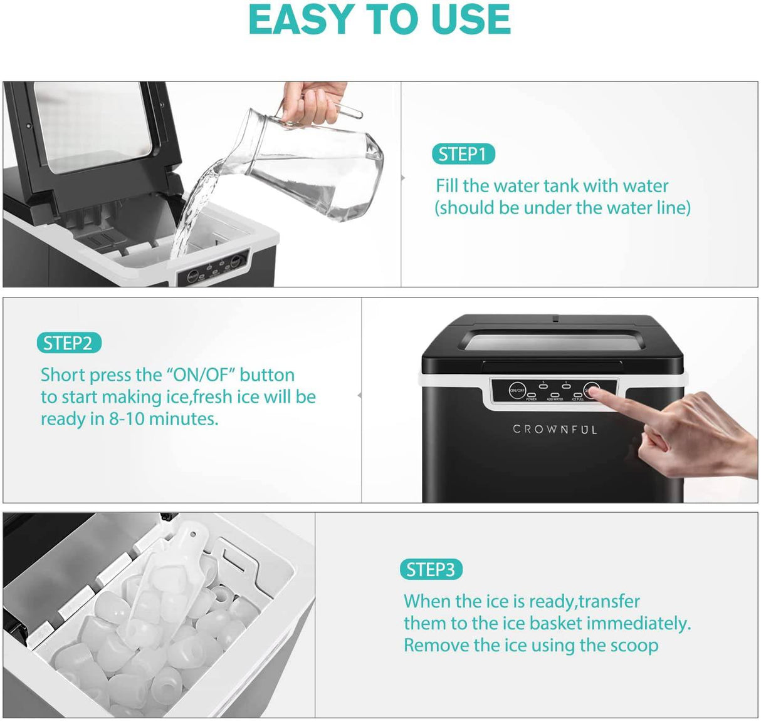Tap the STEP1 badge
[463, 154]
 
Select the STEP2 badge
[68, 343]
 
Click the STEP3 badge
[431, 569]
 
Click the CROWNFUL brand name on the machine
[555, 430]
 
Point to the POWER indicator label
[531, 399]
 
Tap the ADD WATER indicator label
[555, 399]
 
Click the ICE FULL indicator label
[577, 399]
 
